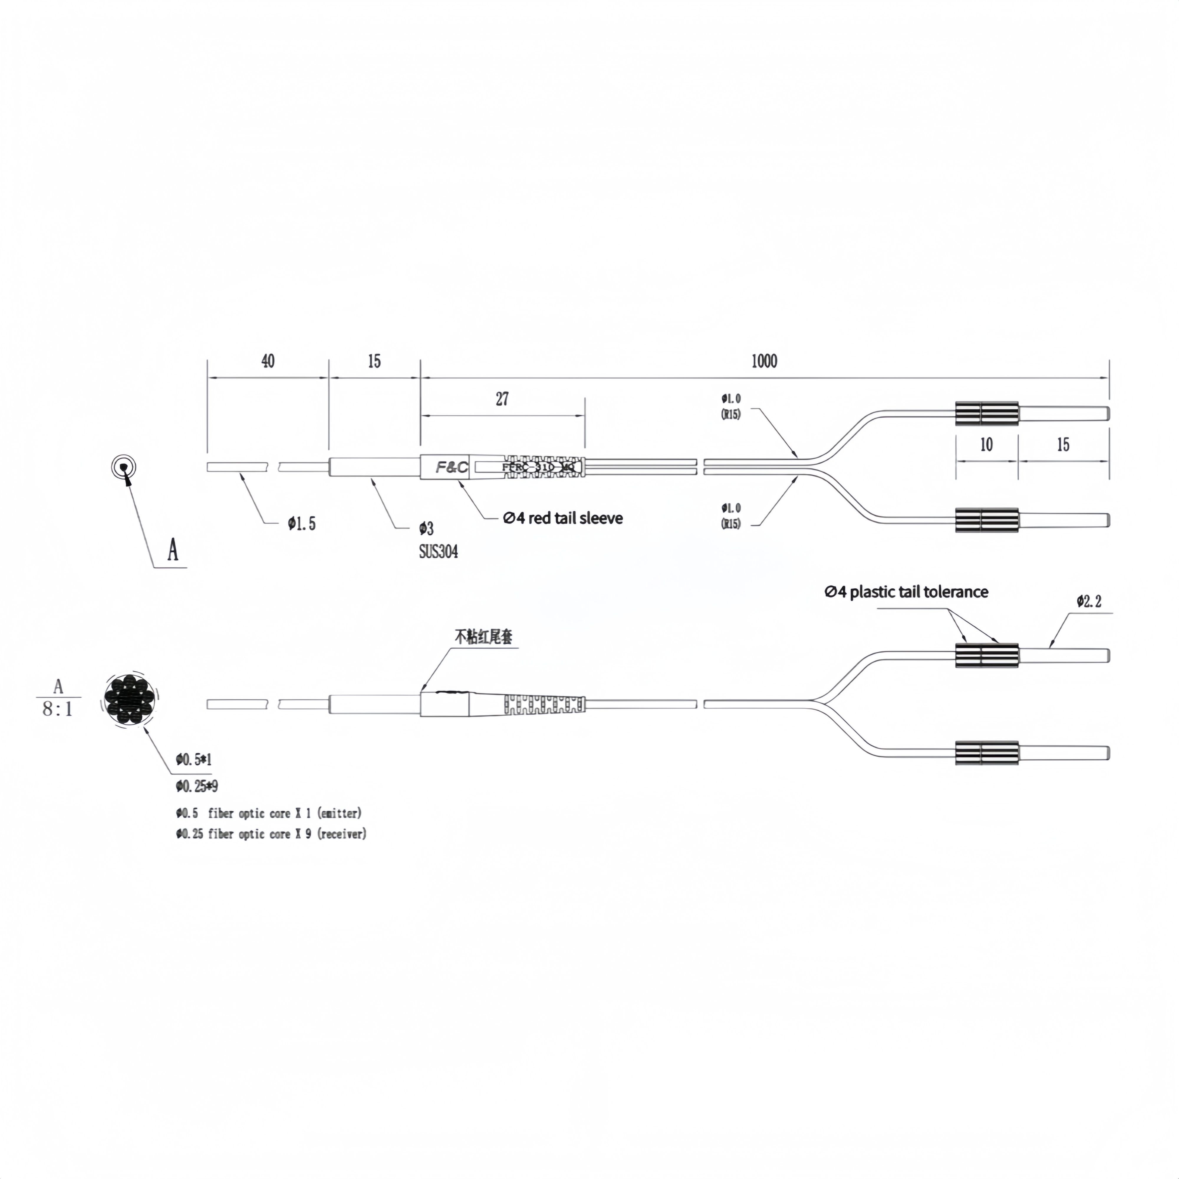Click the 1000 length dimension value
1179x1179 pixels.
[x=764, y=361]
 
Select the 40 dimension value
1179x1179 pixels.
[x=268, y=361]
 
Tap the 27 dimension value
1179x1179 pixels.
[x=502, y=399]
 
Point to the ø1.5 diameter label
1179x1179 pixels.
[x=302, y=523]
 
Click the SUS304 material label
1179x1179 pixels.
[x=438, y=552]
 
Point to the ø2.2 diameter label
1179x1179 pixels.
[x=1089, y=602]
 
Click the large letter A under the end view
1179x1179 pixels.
[x=173, y=550]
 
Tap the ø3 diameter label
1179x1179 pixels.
[x=426, y=528]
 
